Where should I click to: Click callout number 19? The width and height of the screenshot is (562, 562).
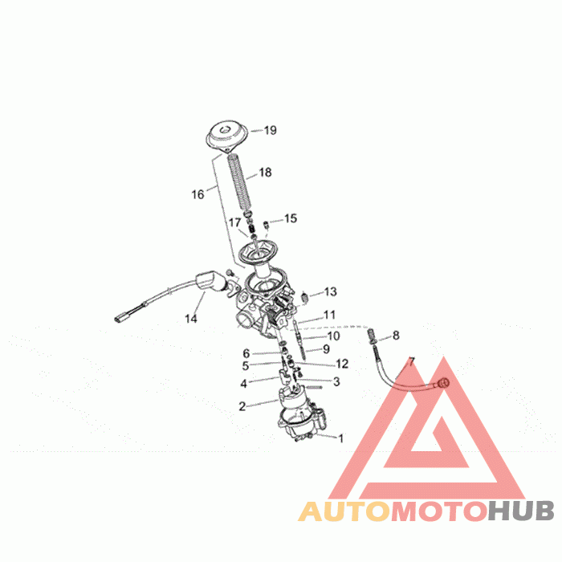coord(271,130)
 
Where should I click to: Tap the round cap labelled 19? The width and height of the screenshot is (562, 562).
coord(224,136)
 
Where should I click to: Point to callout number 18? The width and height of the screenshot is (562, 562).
coord(265,172)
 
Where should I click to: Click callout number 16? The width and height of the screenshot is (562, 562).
coord(198,193)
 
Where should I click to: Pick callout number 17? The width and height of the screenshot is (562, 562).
coord(235,222)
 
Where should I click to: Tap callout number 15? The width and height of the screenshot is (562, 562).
coord(291,218)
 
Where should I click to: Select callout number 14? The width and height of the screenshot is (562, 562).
coord(191,319)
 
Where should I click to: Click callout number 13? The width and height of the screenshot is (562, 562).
coord(331,291)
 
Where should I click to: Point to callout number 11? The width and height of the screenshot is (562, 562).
coord(329,315)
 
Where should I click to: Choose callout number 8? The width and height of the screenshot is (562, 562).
coord(395,335)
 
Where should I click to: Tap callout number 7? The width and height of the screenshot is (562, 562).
coord(412,363)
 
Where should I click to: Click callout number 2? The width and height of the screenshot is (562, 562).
coord(242,406)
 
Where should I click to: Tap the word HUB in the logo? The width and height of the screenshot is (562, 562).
coord(520,511)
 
